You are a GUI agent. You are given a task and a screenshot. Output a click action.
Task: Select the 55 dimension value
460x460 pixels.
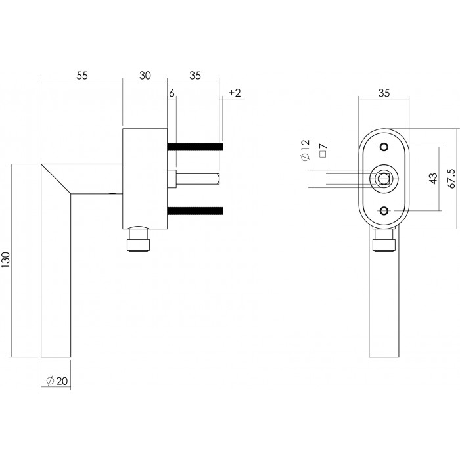click(x=81, y=76)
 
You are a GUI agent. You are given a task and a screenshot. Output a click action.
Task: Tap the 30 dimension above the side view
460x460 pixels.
click(x=145, y=76)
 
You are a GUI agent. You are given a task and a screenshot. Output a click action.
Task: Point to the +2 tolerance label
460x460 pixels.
click(x=235, y=93)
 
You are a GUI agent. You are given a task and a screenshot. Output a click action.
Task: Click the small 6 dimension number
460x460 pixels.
click(x=172, y=93)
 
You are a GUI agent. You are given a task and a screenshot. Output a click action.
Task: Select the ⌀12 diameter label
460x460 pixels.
click(x=304, y=150)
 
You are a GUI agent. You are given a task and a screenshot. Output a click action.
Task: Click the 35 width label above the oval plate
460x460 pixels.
click(x=384, y=93)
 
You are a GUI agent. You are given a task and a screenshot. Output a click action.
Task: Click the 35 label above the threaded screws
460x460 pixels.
click(x=195, y=76)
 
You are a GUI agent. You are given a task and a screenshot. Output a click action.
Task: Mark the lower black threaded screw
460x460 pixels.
click(x=195, y=210)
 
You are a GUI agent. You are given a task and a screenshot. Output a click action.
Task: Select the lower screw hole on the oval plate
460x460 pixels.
click(x=385, y=210)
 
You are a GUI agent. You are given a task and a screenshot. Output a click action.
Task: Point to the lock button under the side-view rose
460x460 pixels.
click(x=138, y=241)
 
